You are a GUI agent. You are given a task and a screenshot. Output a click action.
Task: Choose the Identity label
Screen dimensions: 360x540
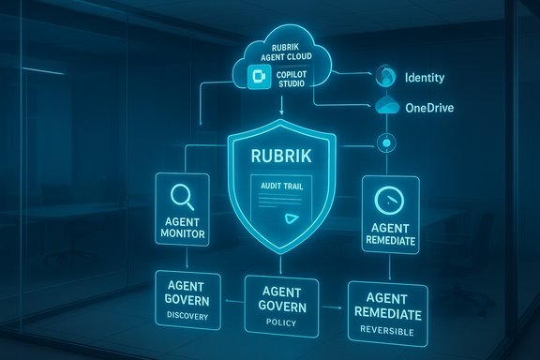click(x=423, y=77)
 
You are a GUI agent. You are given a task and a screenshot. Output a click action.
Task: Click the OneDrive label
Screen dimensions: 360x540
click(x=427, y=109)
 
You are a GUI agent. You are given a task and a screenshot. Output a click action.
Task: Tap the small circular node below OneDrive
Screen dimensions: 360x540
click(x=386, y=143)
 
